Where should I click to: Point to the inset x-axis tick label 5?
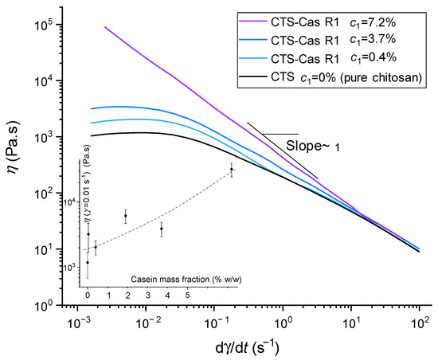[x=187, y=295]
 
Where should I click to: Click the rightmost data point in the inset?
[x=232, y=169]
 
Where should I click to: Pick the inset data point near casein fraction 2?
[x=125, y=216]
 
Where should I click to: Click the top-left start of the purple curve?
[x=105, y=26]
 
